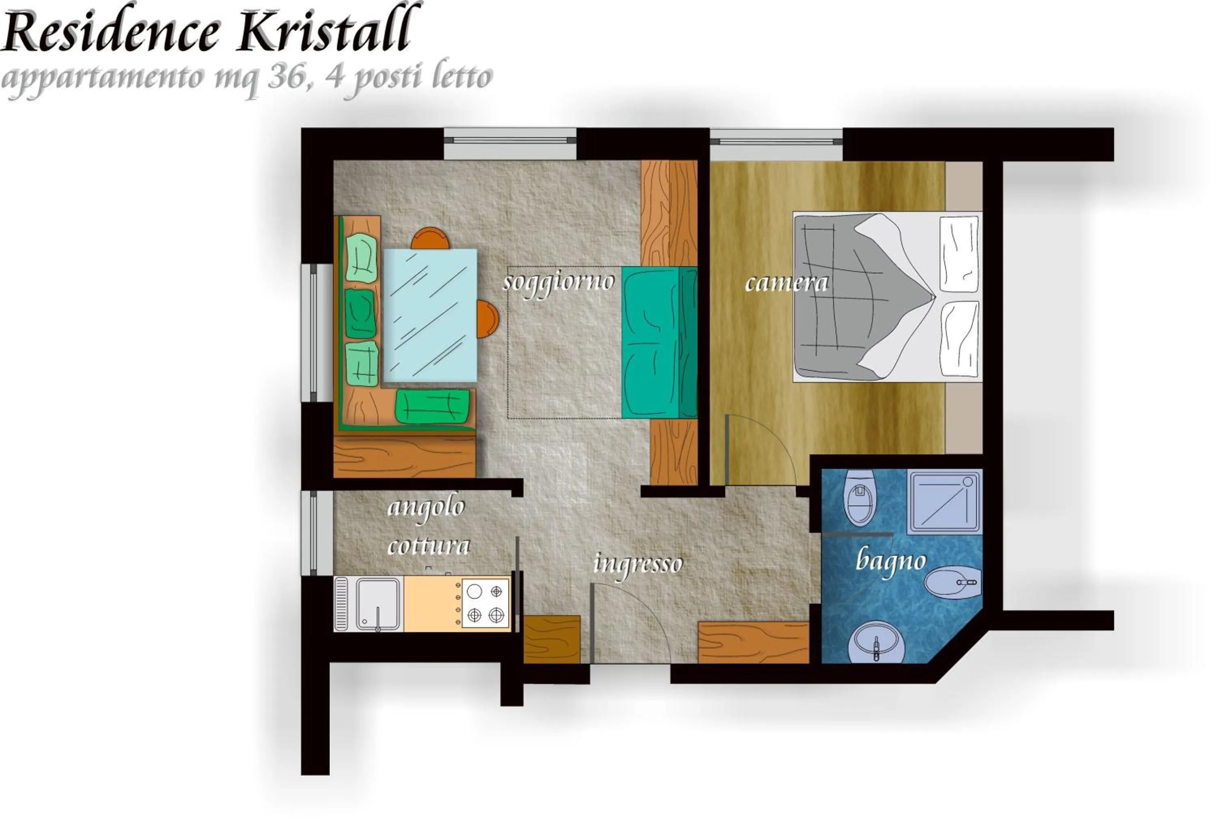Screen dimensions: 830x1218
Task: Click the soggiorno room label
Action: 558,282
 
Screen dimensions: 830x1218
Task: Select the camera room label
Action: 786,283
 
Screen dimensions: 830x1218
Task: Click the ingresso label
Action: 637,564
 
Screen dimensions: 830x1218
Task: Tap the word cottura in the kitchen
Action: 428,546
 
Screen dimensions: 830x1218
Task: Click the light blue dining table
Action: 430,315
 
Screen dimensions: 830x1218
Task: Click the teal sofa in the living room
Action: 659,342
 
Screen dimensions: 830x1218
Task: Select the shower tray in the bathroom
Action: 944,502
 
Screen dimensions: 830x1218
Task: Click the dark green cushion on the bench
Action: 360,313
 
